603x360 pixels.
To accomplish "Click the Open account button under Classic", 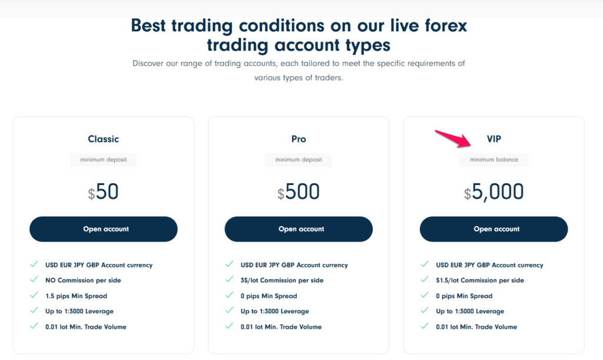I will [104, 229].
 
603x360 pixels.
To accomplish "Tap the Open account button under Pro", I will [299, 229].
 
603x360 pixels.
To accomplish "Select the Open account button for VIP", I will [493, 229].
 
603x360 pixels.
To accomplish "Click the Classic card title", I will [104, 139].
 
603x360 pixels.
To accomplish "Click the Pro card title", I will [299, 139].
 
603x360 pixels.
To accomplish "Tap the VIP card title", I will [493, 139].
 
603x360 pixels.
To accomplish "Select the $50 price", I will [104, 192].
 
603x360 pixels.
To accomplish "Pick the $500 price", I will [299, 192].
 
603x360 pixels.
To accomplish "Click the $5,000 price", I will [493, 192].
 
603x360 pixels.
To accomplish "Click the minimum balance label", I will [493, 160].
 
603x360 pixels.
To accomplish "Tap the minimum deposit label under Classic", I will [104, 160].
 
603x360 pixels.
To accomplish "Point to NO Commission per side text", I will [83, 280].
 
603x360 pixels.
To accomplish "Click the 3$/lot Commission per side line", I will [282, 280].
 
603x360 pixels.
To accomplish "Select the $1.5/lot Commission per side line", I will [480, 280].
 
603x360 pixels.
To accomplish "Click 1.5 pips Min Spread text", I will [77, 296].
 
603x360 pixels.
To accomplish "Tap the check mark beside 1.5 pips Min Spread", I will [34, 296].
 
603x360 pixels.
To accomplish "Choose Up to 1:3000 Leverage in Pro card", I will [274, 311].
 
